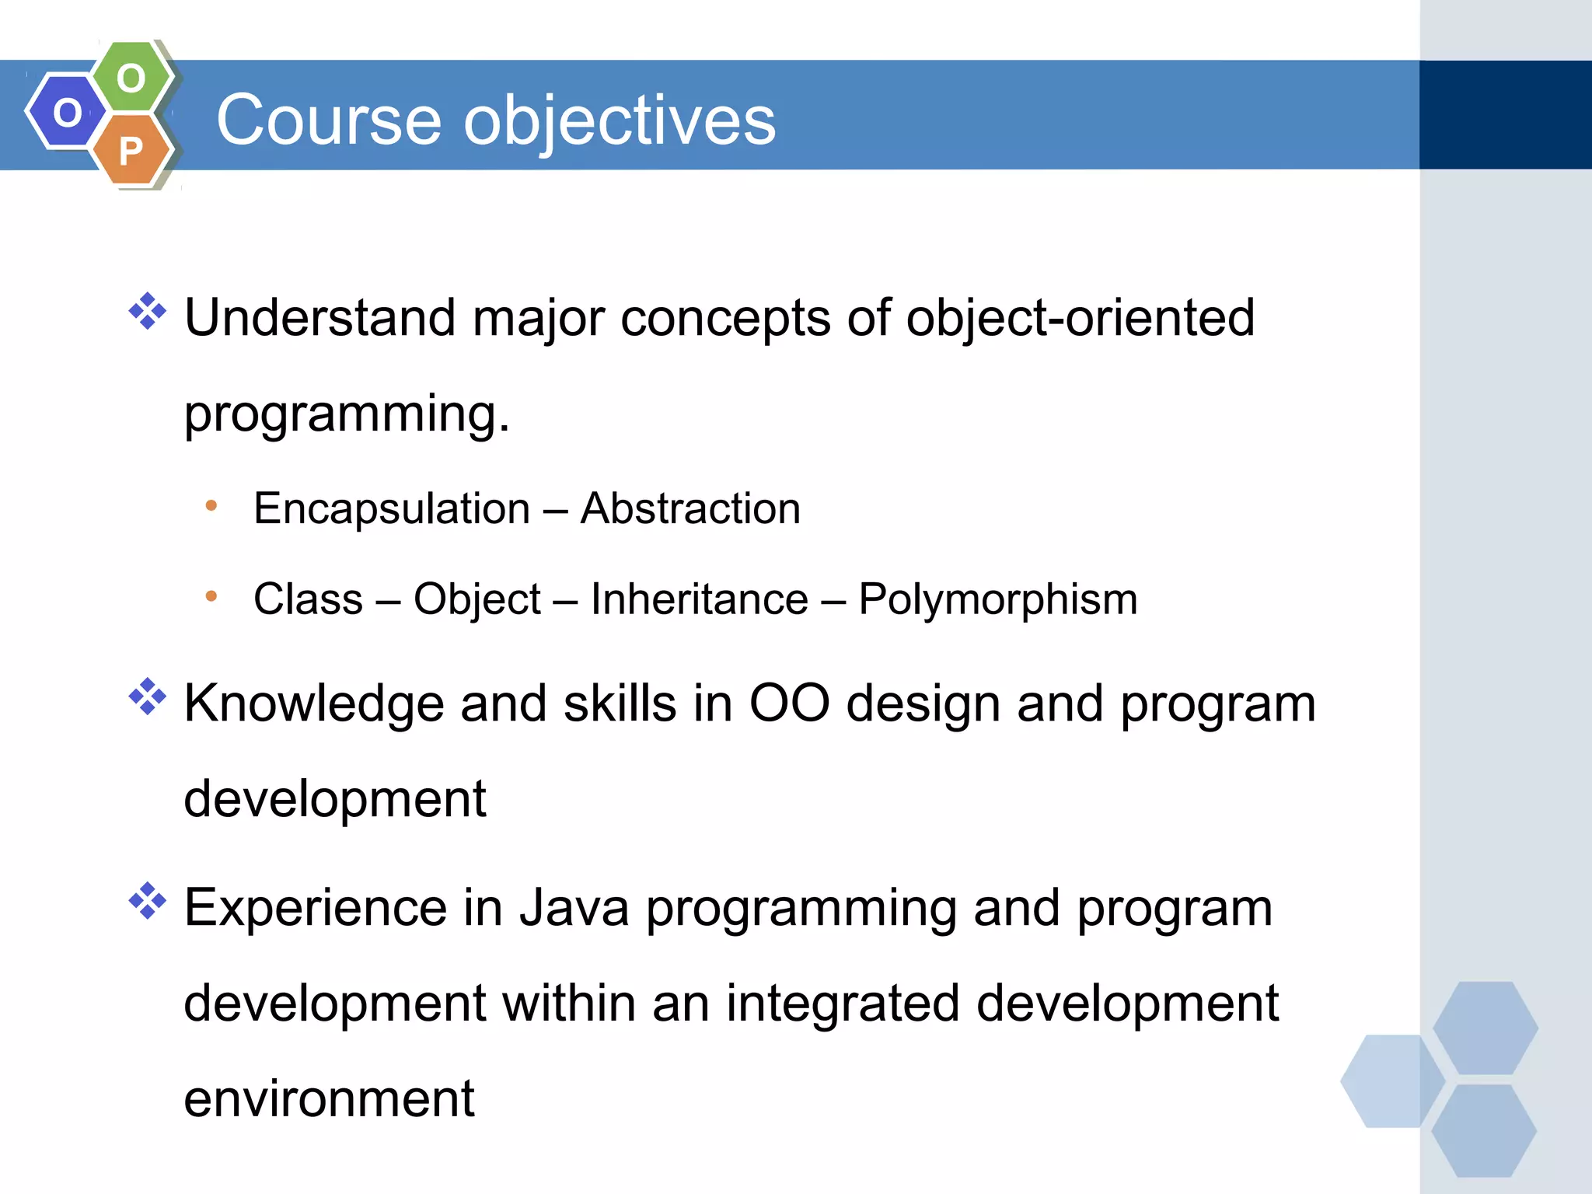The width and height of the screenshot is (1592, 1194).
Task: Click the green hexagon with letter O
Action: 131,78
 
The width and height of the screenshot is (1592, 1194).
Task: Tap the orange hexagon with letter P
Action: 131,150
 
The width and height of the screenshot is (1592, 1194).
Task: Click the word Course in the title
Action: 329,120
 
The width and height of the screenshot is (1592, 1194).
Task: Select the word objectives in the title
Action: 620,121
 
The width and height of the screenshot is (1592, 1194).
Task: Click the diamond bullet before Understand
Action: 148,312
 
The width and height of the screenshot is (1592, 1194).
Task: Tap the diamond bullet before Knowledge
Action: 148,696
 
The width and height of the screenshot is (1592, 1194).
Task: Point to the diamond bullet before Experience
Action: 148,902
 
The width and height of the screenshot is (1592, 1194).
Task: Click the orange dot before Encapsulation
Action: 211,506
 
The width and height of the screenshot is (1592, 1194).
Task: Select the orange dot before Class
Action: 211,596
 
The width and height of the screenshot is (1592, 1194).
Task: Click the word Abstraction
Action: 690,508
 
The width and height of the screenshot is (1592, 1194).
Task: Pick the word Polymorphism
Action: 997,599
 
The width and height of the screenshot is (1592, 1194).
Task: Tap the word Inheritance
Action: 699,599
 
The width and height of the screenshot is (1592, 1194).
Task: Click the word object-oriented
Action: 1080,318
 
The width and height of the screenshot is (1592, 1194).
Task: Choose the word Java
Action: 574,908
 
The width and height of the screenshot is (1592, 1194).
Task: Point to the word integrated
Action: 843,1004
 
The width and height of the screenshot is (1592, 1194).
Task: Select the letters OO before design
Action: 789,703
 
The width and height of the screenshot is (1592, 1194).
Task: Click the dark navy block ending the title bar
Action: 1505,115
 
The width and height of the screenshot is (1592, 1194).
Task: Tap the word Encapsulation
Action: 392,509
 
